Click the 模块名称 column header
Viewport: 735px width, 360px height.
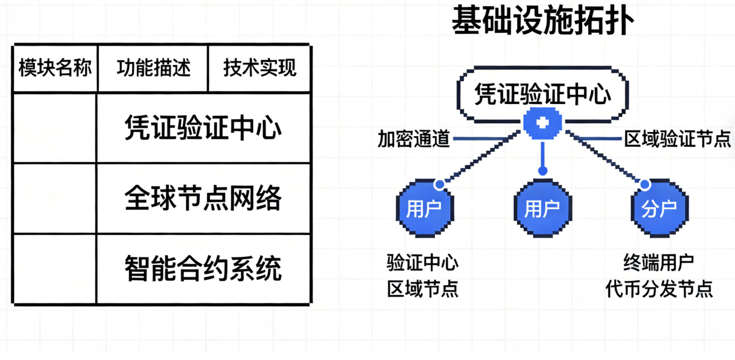tap(55, 68)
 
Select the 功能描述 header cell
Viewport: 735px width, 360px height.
tap(153, 68)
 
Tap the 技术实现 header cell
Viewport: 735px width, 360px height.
tap(260, 68)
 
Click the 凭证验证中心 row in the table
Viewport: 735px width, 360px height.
tap(203, 128)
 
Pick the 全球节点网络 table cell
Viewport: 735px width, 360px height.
tap(203, 198)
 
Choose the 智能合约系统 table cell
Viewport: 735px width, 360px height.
tap(203, 268)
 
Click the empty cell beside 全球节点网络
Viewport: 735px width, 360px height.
tap(55, 198)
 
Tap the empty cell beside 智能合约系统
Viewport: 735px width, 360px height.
tap(55, 268)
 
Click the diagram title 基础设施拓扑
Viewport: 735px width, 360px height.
tap(543, 22)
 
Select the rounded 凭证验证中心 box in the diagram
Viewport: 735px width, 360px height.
tap(543, 94)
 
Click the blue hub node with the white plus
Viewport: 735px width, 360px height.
tap(543, 123)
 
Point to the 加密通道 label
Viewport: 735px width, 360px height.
tap(414, 139)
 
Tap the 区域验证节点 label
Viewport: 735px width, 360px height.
tap(677, 139)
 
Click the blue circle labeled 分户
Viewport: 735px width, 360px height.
tap(659, 209)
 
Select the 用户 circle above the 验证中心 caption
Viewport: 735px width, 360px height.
tap(424, 209)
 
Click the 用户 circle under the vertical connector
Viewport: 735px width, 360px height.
tap(542, 209)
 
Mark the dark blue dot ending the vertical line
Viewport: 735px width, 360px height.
tap(543, 171)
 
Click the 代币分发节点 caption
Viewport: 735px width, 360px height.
tap(659, 289)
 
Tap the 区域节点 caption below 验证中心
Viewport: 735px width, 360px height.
tap(422, 289)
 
